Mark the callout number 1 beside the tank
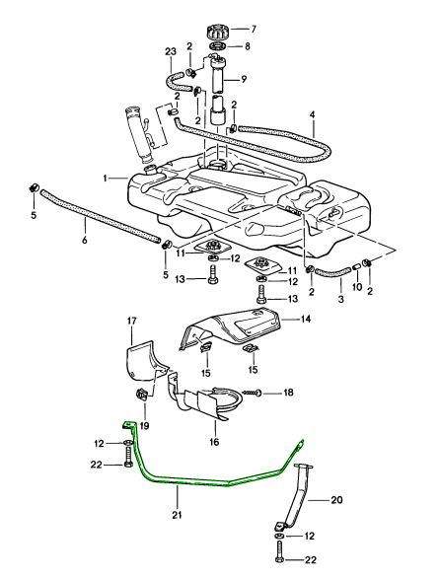(105, 179)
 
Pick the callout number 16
(214, 429)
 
